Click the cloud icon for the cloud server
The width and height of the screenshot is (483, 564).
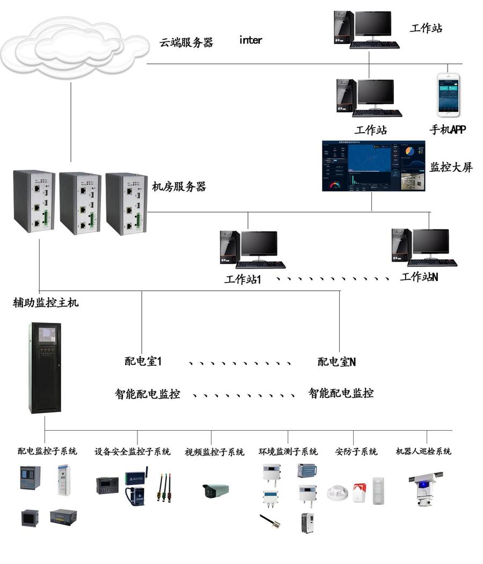pyautogui.click(x=72, y=47)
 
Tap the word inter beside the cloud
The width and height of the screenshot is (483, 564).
pyautogui.click(x=251, y=40)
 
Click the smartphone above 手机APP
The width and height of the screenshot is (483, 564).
pyautogui.click(x=449, y=96)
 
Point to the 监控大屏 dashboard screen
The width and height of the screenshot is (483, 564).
pyautogui.click(x=374, y=166)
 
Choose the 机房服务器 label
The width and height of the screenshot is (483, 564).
pyautogui.click(x=179, y=187)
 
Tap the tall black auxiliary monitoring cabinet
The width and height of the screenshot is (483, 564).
pyautogui.click(x=45, y=367)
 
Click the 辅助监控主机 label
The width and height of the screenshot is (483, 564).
pyautogui.click(x=46, y=303)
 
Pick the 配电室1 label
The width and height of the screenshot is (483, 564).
pyautogui.click(x=143, y=362)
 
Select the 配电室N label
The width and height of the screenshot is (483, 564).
pyautogui.click(x=336, y=362)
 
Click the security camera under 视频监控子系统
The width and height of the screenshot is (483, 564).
pyautogui.click(x=215, y=490)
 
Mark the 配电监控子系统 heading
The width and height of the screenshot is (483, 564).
pyautogui.click(x=47, y=451)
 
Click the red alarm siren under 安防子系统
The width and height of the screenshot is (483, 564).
pyautogui.click(x=359, y=492)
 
